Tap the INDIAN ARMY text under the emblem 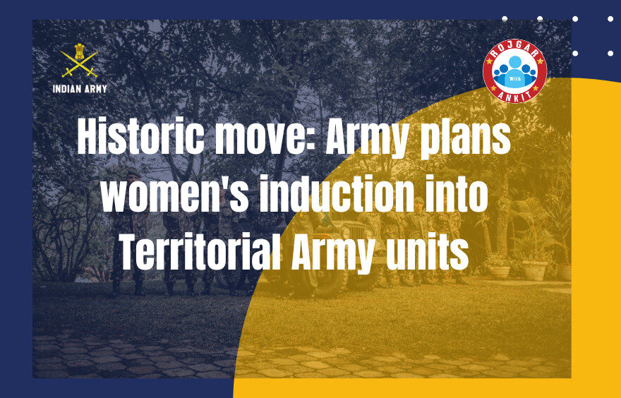click(x=80, y=89)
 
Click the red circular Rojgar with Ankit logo click(x=514, y=71)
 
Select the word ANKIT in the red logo click(x=514, y=96)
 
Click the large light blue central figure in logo click(x=514, y=67)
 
